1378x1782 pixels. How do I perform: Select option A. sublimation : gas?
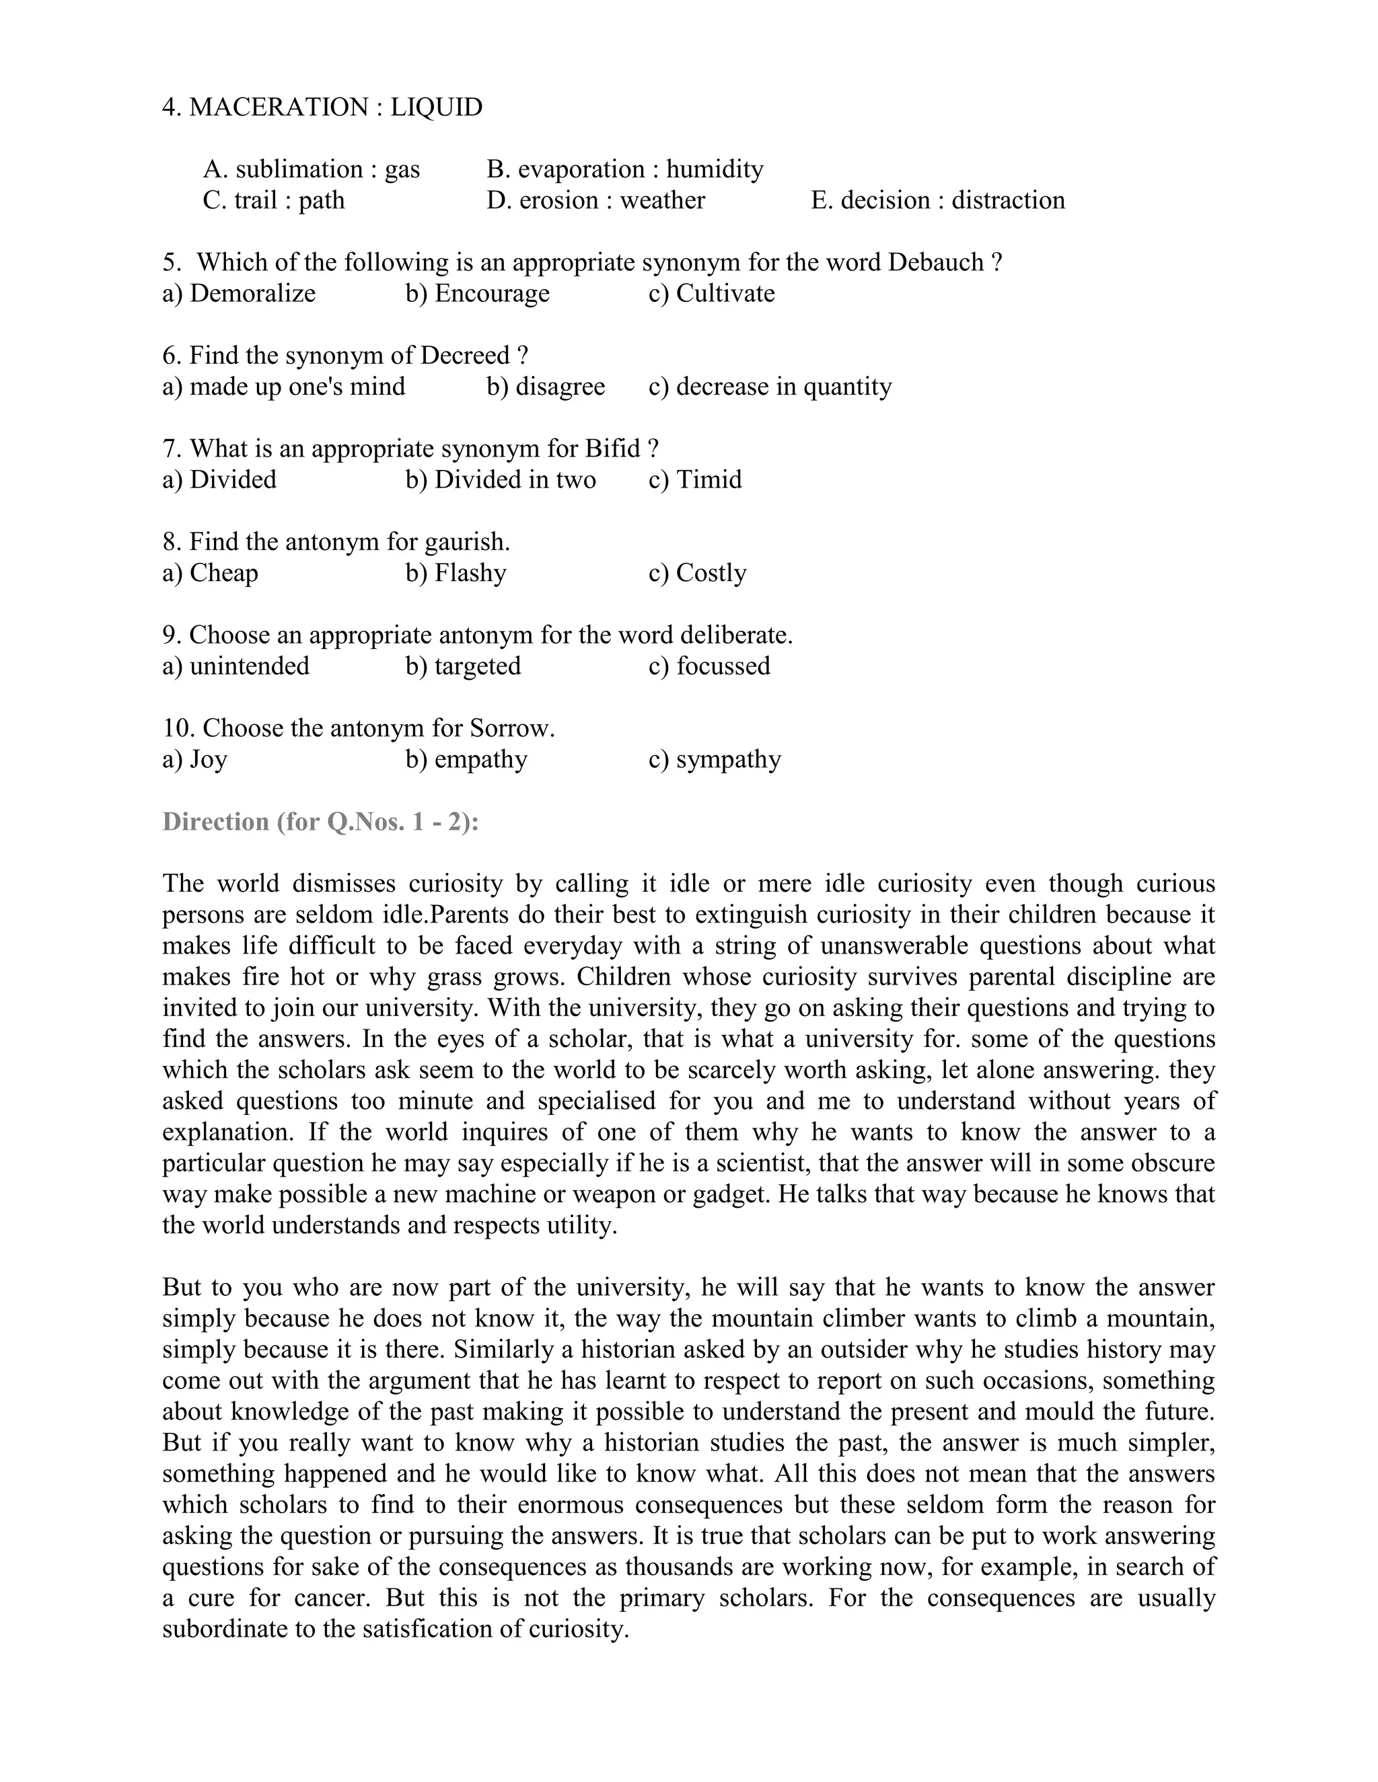[x=311, y=169]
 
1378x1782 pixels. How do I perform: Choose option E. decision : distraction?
[x=937, y=200]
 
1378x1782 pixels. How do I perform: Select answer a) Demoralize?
[x=238, y=293]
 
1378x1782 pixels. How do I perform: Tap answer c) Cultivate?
[x=711, y=293]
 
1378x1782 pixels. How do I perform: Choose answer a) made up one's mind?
[x=283, y=386]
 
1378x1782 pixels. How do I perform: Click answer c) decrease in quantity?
[x=770, y=386]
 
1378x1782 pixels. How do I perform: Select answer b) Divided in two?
[x=501, y=479]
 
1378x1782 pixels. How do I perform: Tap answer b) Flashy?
[x=456, y=573]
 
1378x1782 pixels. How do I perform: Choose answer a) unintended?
[x=236, y=666]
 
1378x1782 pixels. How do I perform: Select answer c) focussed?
[x=709, y=666]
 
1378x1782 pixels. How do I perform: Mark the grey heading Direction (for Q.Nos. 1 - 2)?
[x=320, y=821]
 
